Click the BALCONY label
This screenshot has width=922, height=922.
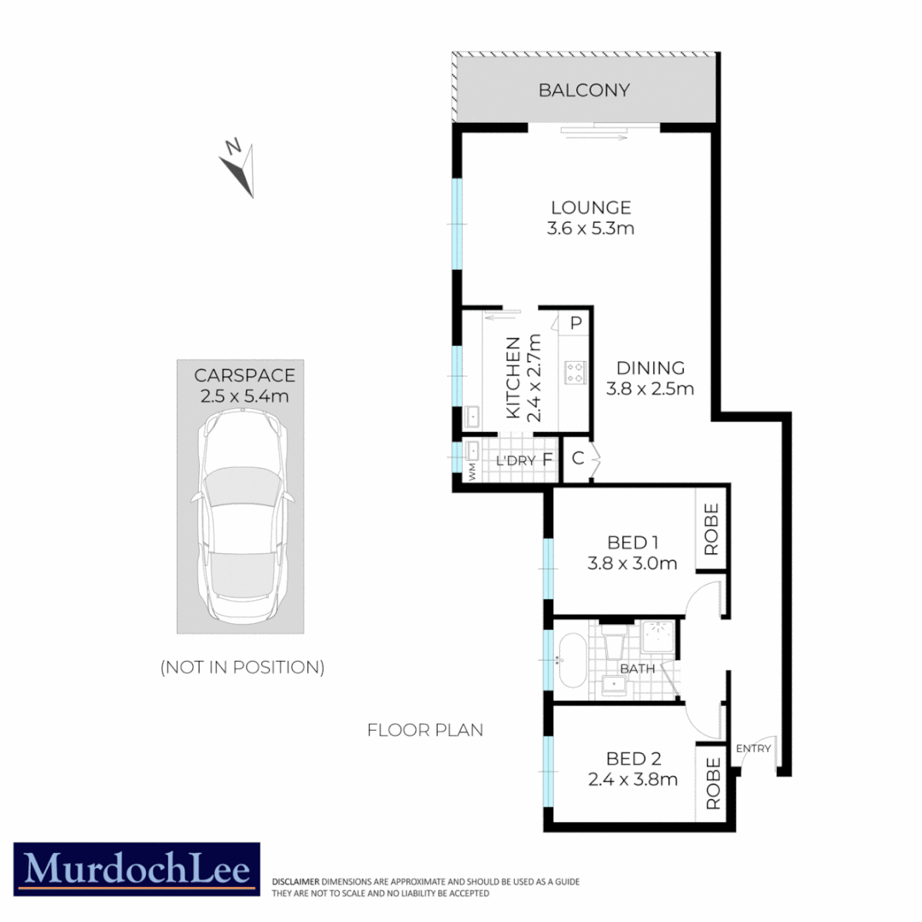click(584, 90)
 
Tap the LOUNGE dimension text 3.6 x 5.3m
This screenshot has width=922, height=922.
click(591, 229)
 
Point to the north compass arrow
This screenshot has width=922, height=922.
click(238, 168)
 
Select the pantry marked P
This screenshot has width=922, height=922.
click(575, 323)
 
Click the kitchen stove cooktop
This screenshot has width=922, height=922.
click(575, 372)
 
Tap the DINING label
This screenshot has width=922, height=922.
click(651, 368)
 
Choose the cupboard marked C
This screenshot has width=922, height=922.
click(578, 458)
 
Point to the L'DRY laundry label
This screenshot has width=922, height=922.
click(516, 461)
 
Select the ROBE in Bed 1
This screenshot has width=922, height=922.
click(711, 528)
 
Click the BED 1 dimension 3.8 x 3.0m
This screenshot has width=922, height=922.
click(632, 563)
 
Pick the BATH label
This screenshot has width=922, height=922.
click(638, 669)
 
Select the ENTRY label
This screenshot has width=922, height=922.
click(753, 749)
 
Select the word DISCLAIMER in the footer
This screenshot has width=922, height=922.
click(295, 881)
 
